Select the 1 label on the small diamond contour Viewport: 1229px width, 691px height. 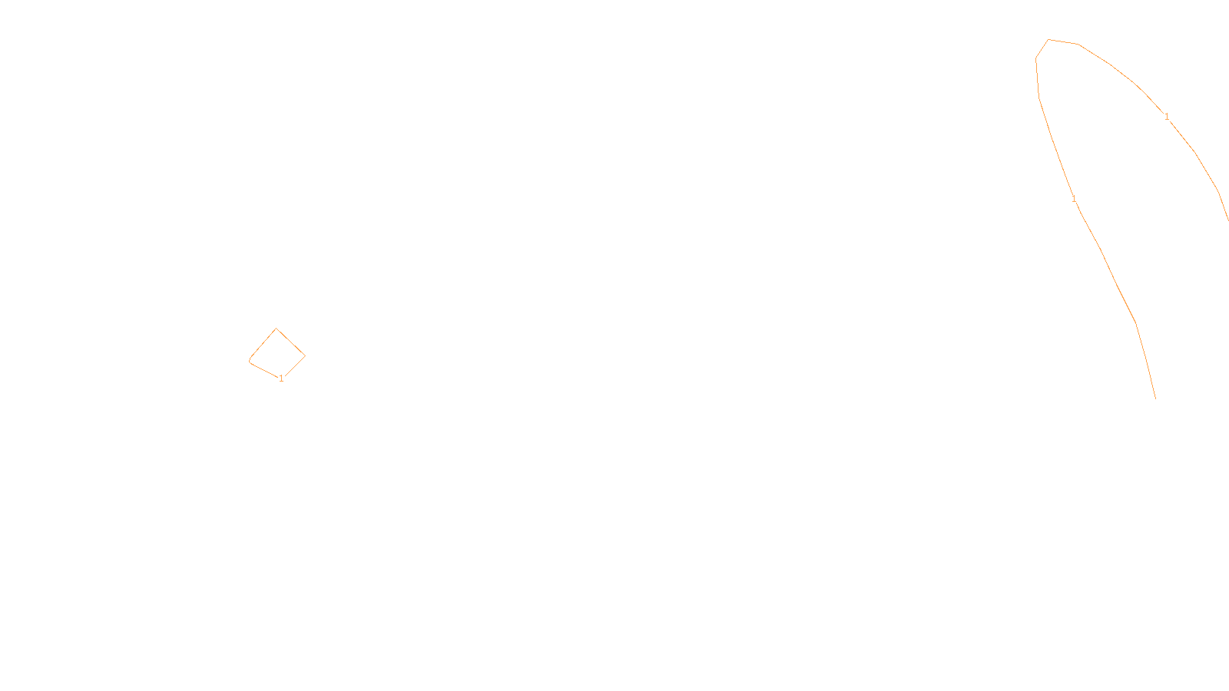(281, 379)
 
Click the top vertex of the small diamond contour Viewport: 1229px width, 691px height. (277, 329)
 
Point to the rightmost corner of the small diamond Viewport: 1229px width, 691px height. (305, 355)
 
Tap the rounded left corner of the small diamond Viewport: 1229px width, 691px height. (250, 359)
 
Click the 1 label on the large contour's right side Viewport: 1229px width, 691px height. (1167, 117)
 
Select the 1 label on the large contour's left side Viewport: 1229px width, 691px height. (1074, 200)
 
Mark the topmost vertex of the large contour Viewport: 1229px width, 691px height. (1048, 40)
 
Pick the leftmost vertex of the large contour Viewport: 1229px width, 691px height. (1036, 58)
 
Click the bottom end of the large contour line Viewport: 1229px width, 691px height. (1155, 398)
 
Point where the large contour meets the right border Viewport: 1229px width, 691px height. (1227, 220)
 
